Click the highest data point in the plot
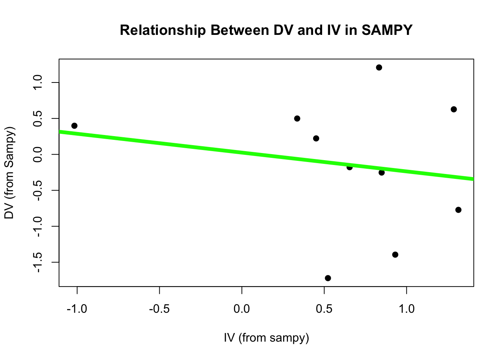379,67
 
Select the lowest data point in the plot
328,278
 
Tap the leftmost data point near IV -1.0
74,126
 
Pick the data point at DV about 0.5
297,118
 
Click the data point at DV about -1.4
395,255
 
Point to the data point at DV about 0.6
453,109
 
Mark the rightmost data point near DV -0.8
458,210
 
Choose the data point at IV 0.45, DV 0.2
316,138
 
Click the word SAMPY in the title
387,30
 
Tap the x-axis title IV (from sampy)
266,338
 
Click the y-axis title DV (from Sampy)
9,172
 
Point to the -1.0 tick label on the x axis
77,309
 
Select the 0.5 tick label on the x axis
324,309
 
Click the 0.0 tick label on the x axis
242,309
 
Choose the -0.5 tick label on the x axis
159,309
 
